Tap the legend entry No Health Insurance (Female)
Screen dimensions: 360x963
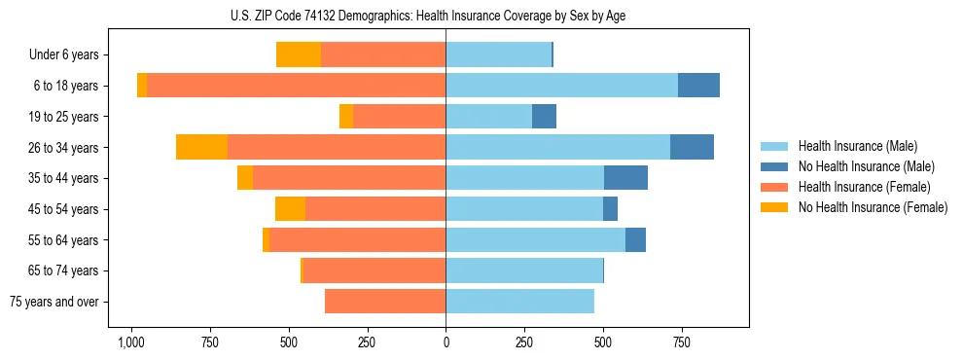tap(873, 207)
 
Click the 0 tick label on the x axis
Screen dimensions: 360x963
tap(446, 342)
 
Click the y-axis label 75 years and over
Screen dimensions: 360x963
tap(54, 302)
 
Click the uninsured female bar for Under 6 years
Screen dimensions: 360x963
tap(299, 55)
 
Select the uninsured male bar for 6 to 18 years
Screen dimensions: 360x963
tap(698, 86)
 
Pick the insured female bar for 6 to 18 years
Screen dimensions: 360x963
tap(296, 86)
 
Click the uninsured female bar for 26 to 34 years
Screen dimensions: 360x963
tap(201, 147)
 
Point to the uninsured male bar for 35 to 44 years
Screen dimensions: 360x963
tap(625, 178)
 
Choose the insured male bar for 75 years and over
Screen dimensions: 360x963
tap(519, 302)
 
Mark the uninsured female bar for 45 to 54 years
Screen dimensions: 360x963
tap(290, 209)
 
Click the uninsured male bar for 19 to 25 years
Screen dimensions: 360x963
tap(544, 117)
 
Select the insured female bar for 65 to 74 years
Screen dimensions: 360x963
tap(374, 270)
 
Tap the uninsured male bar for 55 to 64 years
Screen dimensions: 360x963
tap(635, 239)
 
